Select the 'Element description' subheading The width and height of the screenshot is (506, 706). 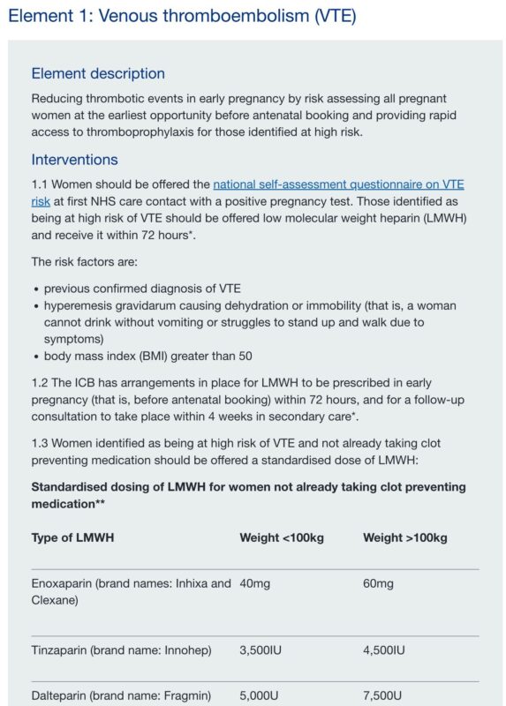pos(98,74)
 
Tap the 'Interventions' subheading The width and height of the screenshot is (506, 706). pos(74,160)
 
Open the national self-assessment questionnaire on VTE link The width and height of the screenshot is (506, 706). pos(338,184)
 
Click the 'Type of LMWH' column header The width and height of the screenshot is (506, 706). pos(72,537)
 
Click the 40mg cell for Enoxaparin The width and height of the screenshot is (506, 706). pos(254,584)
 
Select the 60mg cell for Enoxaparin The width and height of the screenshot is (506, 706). pos(378,584)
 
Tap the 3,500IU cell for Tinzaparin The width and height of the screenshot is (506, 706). pos(261,650)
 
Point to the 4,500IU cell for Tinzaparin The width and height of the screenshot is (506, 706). pos(384,650)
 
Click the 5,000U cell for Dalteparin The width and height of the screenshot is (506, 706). pos(259,695)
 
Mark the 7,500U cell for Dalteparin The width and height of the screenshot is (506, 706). pos(382,695)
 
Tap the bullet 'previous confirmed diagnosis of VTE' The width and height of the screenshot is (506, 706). pos(142,289)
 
